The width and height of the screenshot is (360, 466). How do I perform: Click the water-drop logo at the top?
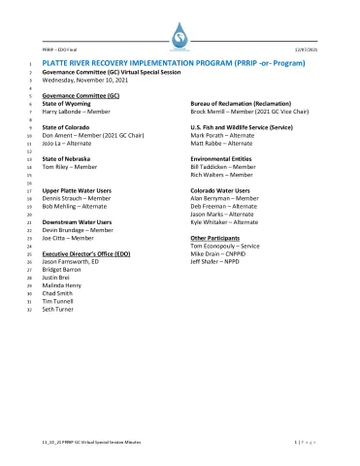[180, 39]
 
